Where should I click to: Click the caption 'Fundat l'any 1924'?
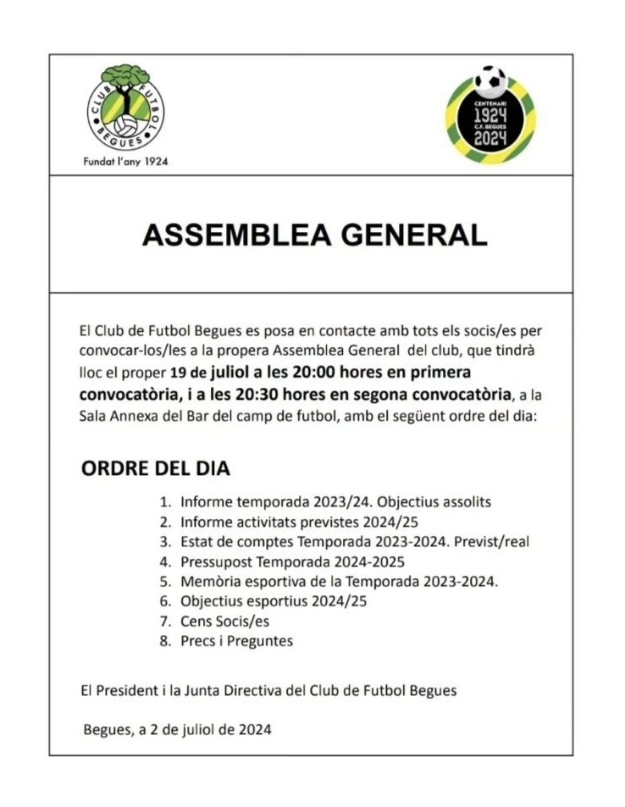(x=126, y=162)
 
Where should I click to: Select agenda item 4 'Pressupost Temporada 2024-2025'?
(x=292, y=562)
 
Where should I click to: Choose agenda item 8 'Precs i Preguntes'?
(x=236, y=641)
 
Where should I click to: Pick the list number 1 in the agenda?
(x=166, y=502)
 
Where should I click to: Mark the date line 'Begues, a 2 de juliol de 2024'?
(x=177, y=729)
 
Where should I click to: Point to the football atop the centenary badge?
(x=490, y=82)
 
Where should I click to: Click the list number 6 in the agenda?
(x=166, y=602)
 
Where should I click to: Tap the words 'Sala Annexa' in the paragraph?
(x=114, y=416)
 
